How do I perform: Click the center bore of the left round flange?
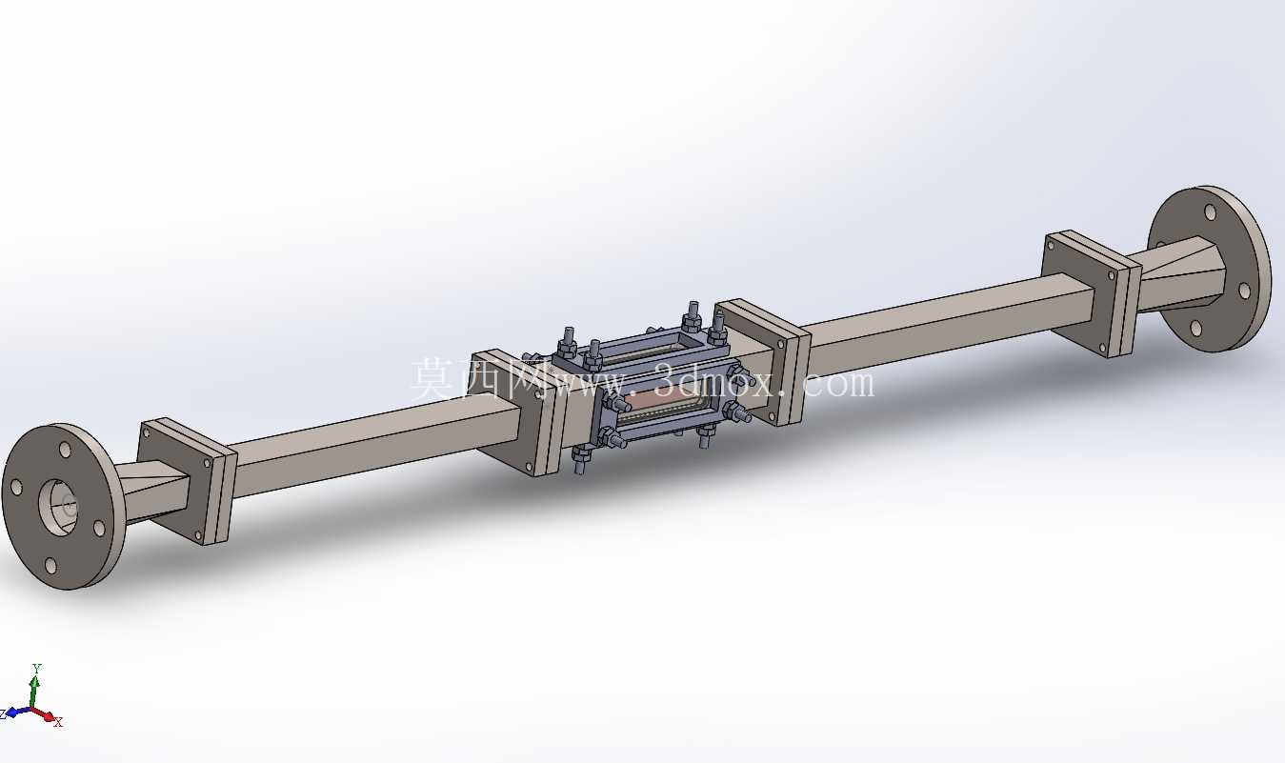point(60,509)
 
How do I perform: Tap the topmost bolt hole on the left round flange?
point(65,450)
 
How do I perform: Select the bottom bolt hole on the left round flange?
point(51,566)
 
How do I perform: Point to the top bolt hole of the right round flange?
point(1210,211)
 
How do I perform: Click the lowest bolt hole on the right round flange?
point(1195,328)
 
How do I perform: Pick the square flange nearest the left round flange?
point(187,481)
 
